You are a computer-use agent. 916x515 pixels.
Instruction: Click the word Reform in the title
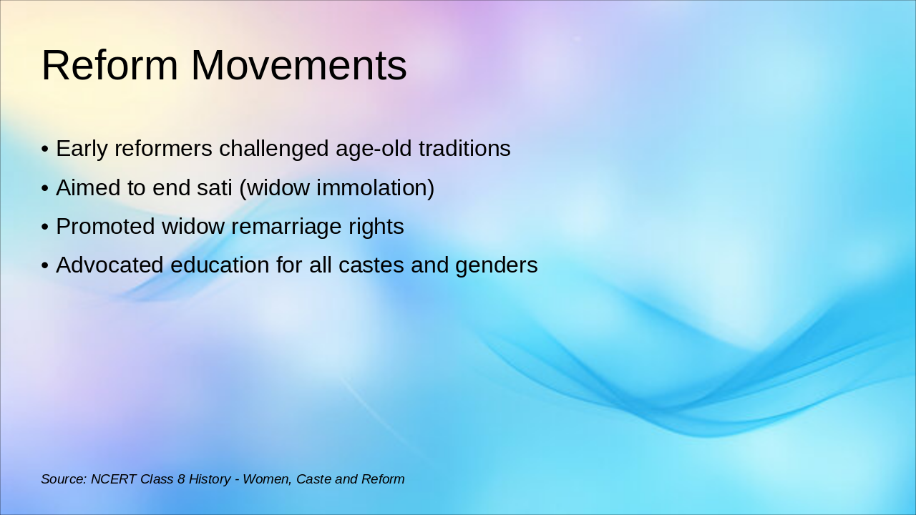point(109,65)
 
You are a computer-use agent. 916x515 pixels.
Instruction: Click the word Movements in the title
point(299,65)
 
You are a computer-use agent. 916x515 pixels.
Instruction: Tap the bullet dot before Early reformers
point(45,149)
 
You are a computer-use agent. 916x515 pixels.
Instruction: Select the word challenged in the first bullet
point(273,149)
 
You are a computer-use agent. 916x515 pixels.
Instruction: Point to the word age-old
point(374,149)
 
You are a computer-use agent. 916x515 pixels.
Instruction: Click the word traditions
point(464,148)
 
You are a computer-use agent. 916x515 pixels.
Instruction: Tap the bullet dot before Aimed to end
point(45,188)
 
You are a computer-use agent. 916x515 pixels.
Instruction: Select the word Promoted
point(105,227)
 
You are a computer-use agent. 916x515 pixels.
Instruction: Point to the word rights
point(376,227)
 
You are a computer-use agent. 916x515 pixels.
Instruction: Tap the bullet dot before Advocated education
point(45,265)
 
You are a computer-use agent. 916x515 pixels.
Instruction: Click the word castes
point(371,265)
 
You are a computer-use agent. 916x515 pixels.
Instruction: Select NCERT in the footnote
point(114,479)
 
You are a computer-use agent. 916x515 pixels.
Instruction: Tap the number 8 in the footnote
point(181,479)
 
